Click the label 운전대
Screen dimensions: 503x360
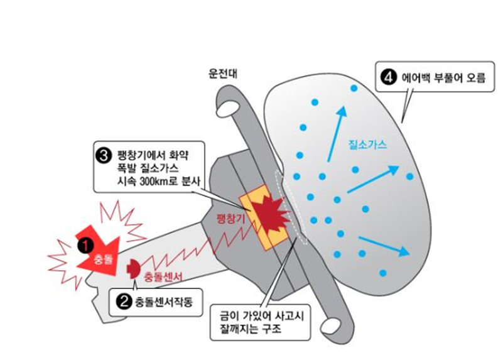coord(223,73)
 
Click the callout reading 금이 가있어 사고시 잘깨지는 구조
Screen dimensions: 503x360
coord(257,322)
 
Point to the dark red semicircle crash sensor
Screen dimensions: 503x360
coord(133,269)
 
